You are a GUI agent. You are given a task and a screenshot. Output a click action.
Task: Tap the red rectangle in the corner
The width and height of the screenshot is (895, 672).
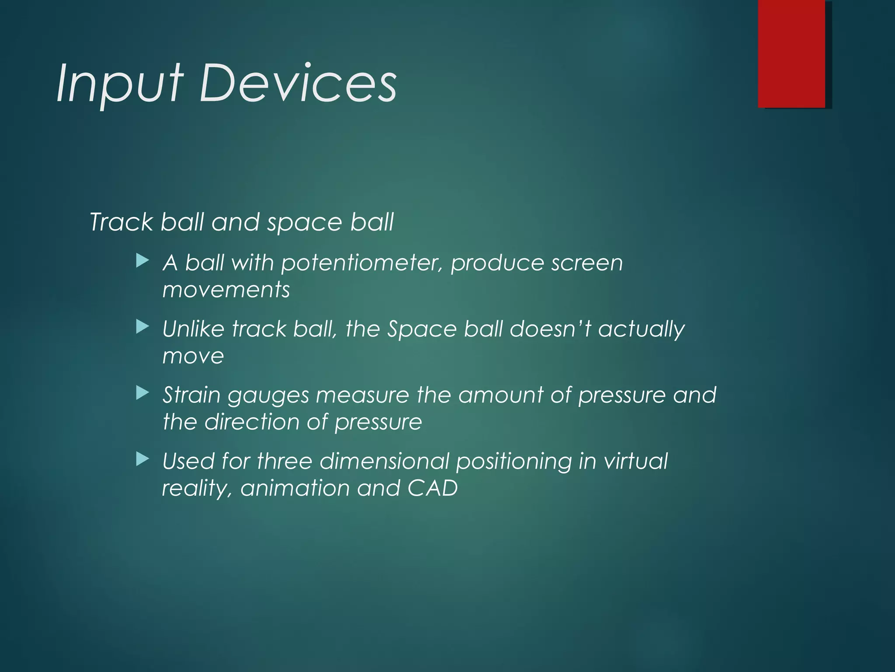coord(791,53)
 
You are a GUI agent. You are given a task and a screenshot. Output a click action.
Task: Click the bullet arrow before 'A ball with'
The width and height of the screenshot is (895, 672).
coord(142,261)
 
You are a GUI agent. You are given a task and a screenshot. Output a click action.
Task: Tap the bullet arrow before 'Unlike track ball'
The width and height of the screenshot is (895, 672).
coord(142,327)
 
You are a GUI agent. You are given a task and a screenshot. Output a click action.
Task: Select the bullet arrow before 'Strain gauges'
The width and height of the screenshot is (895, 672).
coord(142,393)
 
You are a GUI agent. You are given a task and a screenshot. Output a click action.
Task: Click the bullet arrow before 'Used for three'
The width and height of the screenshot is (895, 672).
coord(142,459)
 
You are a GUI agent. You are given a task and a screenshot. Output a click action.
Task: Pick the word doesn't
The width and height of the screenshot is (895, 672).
coord(549,329)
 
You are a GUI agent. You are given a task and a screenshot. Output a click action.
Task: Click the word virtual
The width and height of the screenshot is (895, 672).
coord(635,461)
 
